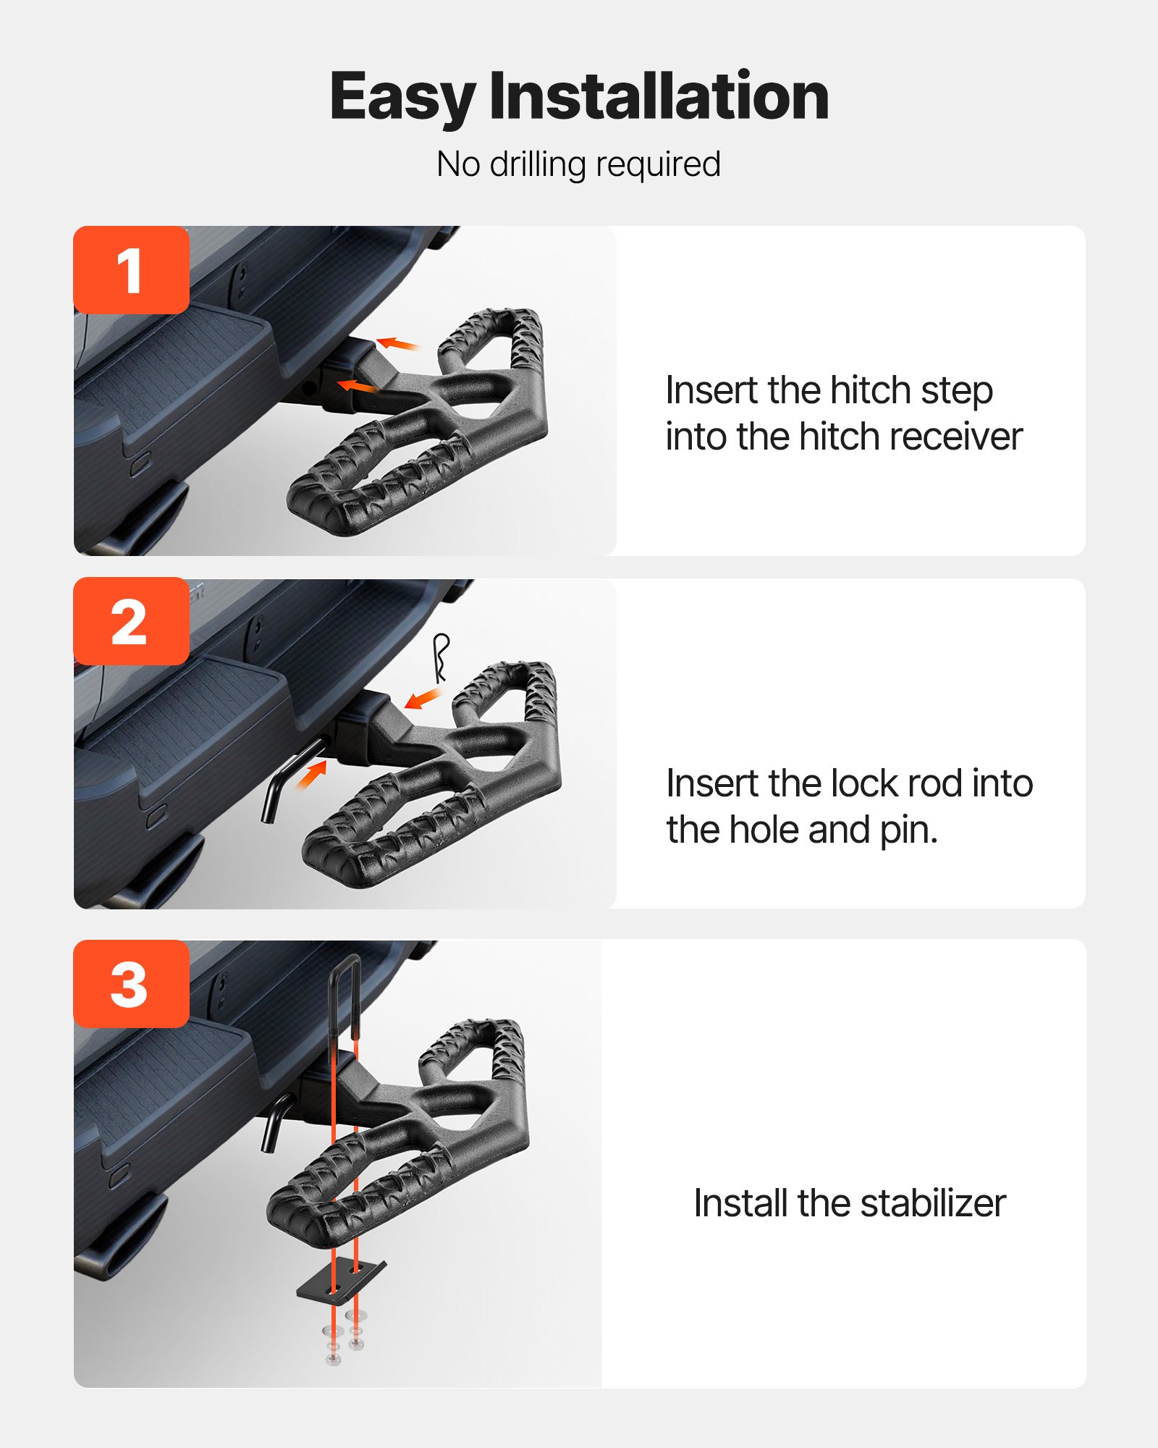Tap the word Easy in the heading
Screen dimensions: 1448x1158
[402, 98]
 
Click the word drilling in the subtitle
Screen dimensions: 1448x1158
[538, 164]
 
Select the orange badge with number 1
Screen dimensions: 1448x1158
[131, 270]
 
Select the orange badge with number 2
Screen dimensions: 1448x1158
[131, 621]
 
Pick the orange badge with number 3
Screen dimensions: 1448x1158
[131, 984]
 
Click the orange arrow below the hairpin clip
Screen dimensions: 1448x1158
[423, 699]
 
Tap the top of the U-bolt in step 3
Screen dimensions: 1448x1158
[345, 963]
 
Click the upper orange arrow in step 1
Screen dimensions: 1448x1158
[397, 343]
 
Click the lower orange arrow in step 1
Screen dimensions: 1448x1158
[358, 387]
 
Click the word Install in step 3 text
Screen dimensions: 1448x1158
[741, 1203]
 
